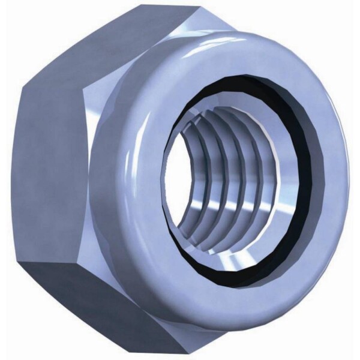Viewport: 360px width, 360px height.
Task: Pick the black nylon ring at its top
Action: [x=240, y=81]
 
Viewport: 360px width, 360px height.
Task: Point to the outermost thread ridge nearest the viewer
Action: [x=180, y=180]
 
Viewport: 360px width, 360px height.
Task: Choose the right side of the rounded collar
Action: [x=336, y=180]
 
